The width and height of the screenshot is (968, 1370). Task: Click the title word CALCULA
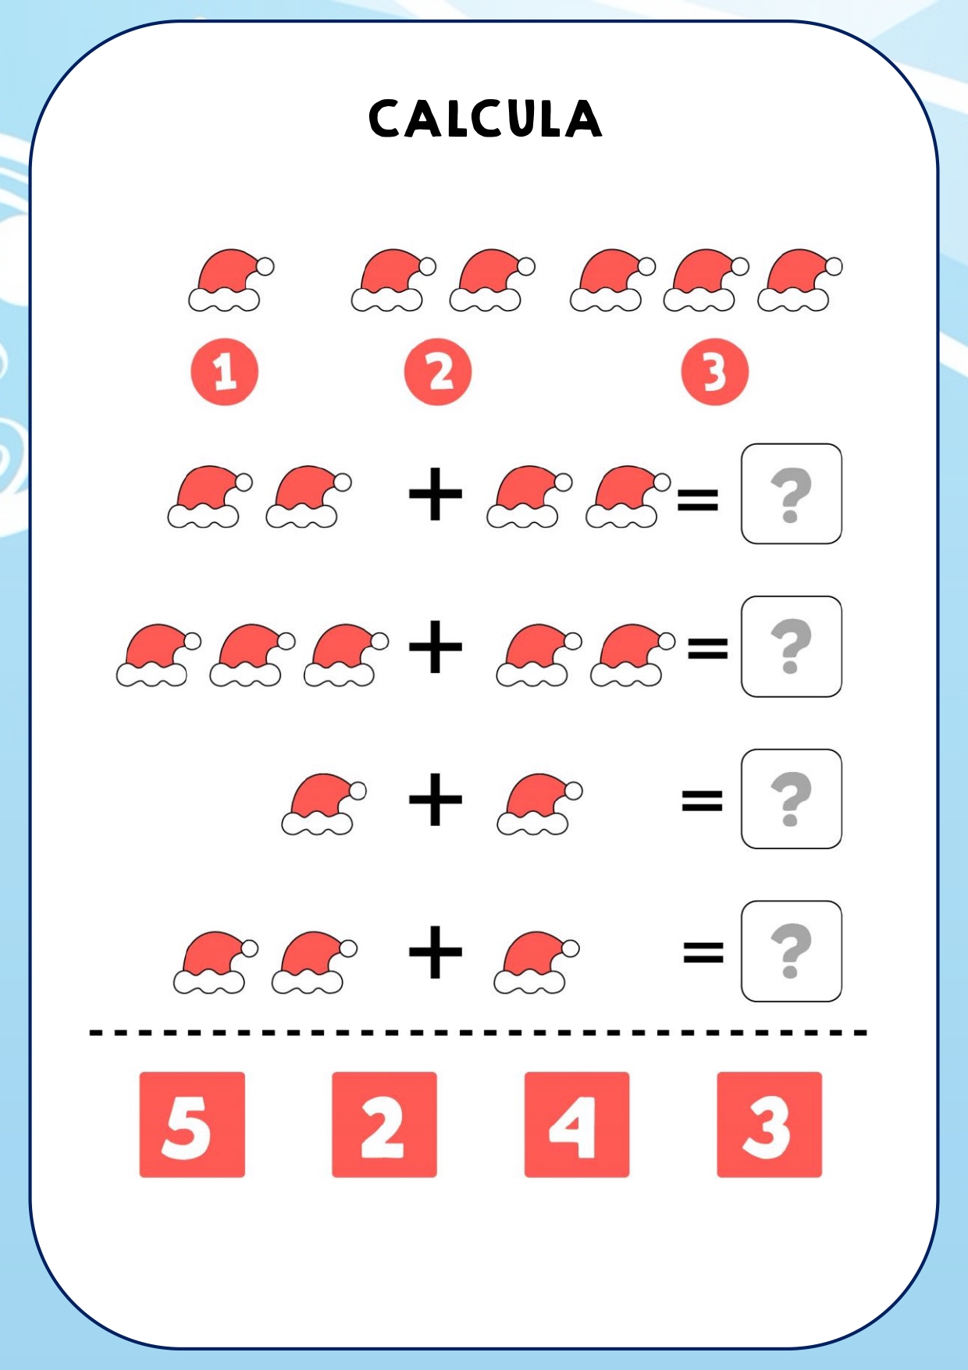(x=485, y=119)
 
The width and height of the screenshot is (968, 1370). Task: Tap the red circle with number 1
(x=224, y=372)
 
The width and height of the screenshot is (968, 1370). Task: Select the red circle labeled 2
(x=438, y=372)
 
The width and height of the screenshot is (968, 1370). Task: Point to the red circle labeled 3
(x=714, y=372)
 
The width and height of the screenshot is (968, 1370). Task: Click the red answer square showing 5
(x=192, y=1124)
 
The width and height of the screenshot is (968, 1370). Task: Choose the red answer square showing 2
(x=384, y=1124)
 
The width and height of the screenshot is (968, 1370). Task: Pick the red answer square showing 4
(x=577, y=1124)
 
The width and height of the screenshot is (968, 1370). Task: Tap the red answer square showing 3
(x=769, y=1124)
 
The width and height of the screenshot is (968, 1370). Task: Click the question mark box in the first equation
(x=791, y=493)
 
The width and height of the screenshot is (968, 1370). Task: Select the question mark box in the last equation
(x=791, y=951)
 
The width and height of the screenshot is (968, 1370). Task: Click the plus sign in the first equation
(x=436, y=493)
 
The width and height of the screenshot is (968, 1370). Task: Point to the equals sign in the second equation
(x=707, y=648)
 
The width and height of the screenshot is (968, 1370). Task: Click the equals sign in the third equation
(x=702, y=800)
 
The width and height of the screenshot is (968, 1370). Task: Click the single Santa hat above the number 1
(x=231, y=280)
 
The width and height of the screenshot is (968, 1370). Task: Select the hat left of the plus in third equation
(x=324, y=804)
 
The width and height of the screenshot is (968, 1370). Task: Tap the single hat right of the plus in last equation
(x=536, y=962)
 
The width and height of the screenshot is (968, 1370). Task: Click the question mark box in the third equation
(x=791, y=799)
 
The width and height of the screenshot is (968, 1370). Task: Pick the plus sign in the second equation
(x=436, y=646)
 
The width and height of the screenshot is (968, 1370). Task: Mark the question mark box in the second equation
(x=791, y=646)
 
